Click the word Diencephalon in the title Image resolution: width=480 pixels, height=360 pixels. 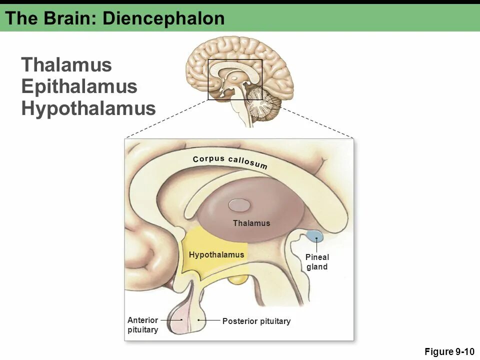(163, 18)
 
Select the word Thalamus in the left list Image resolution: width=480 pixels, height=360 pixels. (66, 65)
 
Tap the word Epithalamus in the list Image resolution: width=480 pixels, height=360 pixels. (79, 86)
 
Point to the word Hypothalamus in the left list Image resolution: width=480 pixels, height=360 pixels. (88, 108)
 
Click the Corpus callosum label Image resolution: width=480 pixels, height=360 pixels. (230, 161)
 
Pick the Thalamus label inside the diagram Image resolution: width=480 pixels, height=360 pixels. (251, 223)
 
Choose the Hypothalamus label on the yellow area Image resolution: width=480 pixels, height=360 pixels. (216, 255)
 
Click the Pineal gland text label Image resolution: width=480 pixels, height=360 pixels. (317, 262)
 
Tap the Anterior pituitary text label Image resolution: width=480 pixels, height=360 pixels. (143, 325)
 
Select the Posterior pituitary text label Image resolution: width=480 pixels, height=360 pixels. (256, 321)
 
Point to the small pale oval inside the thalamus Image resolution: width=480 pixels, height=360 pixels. (239, 205)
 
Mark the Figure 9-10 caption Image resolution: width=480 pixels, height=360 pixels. (449, 351)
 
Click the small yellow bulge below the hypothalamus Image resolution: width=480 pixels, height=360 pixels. (237, 279)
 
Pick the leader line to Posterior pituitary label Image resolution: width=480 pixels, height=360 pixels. (210, 320)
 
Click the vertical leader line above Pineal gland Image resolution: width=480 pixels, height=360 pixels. (316, 246)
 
